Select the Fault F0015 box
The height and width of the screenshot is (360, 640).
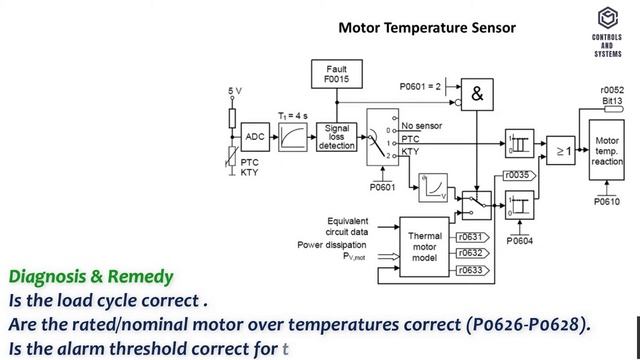click(336, 73)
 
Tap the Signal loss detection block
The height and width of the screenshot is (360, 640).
click(336, 137)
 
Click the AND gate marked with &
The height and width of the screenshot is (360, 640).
click(477, 94)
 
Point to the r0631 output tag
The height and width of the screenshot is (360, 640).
click(470, 237)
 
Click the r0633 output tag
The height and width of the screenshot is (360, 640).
click(470, 269)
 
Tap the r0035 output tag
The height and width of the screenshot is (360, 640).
click(519, 175)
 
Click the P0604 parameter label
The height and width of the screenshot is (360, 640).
click(520, 241)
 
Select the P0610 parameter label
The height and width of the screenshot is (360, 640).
click(607, 201)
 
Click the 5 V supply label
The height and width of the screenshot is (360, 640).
click(233, 91)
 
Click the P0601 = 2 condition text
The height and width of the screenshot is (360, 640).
click(419, 86)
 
